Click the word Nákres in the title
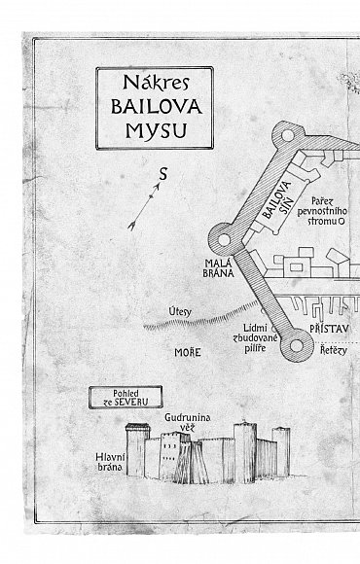pos(156,83)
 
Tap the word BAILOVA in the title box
pos(157,106)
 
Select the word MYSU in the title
pos(157,131)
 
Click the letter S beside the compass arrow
pos(163,174)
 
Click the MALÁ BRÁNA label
pos(218,268)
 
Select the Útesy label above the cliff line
pos(180,311)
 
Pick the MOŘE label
pos(188,352)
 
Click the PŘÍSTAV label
pos(330,329)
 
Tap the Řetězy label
pos(334,350)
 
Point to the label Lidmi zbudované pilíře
pos(255,338)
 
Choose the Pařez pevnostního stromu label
pos(322,211)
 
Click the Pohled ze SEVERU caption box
pos(126,398)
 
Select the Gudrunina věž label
pos(188,422)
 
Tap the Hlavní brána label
pos(110,462)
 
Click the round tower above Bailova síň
pos(288,135)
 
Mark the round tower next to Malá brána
pos(224,239)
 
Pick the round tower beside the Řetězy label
pos(297,345)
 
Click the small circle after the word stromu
pos(342,221)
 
